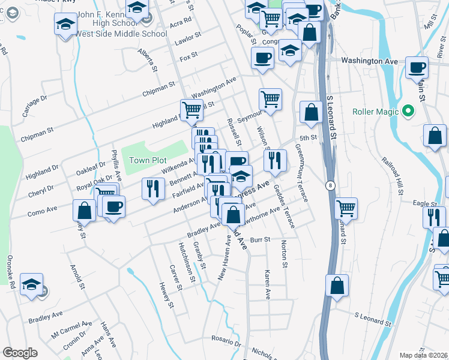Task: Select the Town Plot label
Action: click(x=148, y=160)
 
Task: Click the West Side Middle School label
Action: click(x=121, y=34)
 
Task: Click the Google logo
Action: click(x=20, y=353)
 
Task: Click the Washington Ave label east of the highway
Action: click(x=370, y=61)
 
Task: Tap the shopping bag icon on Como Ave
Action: click(x=84, y=210)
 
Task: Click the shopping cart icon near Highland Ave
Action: click(x=191, y=109)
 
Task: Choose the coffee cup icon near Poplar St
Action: click(x=262, y=59)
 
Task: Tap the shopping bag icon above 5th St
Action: click(x=311, y=112)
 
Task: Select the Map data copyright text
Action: click(x=424, y=355)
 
